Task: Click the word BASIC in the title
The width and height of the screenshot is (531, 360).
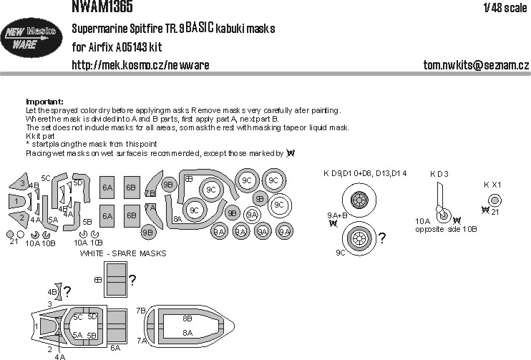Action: tap(208, 29)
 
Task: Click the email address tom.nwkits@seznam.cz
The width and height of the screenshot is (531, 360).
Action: tap(474, 65)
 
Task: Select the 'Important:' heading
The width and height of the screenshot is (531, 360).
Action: tap(44, 102)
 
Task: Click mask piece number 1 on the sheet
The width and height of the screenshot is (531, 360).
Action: tap(15, 203)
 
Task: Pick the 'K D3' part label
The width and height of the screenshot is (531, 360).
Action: tap(439, 174)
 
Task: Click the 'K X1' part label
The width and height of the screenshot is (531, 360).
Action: tap(492, 184)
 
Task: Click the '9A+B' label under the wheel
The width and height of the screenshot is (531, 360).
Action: tap(337, 215)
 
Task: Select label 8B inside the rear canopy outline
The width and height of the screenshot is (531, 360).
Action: tap(187, 318)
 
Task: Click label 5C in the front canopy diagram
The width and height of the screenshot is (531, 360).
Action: tap(78, 316)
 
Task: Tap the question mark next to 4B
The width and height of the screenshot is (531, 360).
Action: tap(67, 291)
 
